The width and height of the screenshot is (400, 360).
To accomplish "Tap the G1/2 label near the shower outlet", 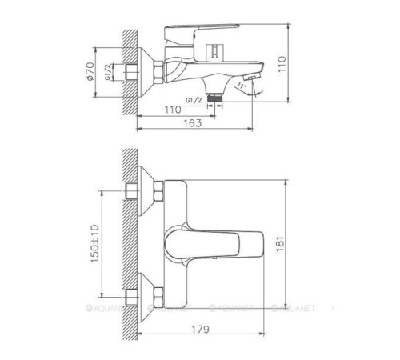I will coord(193,100).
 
